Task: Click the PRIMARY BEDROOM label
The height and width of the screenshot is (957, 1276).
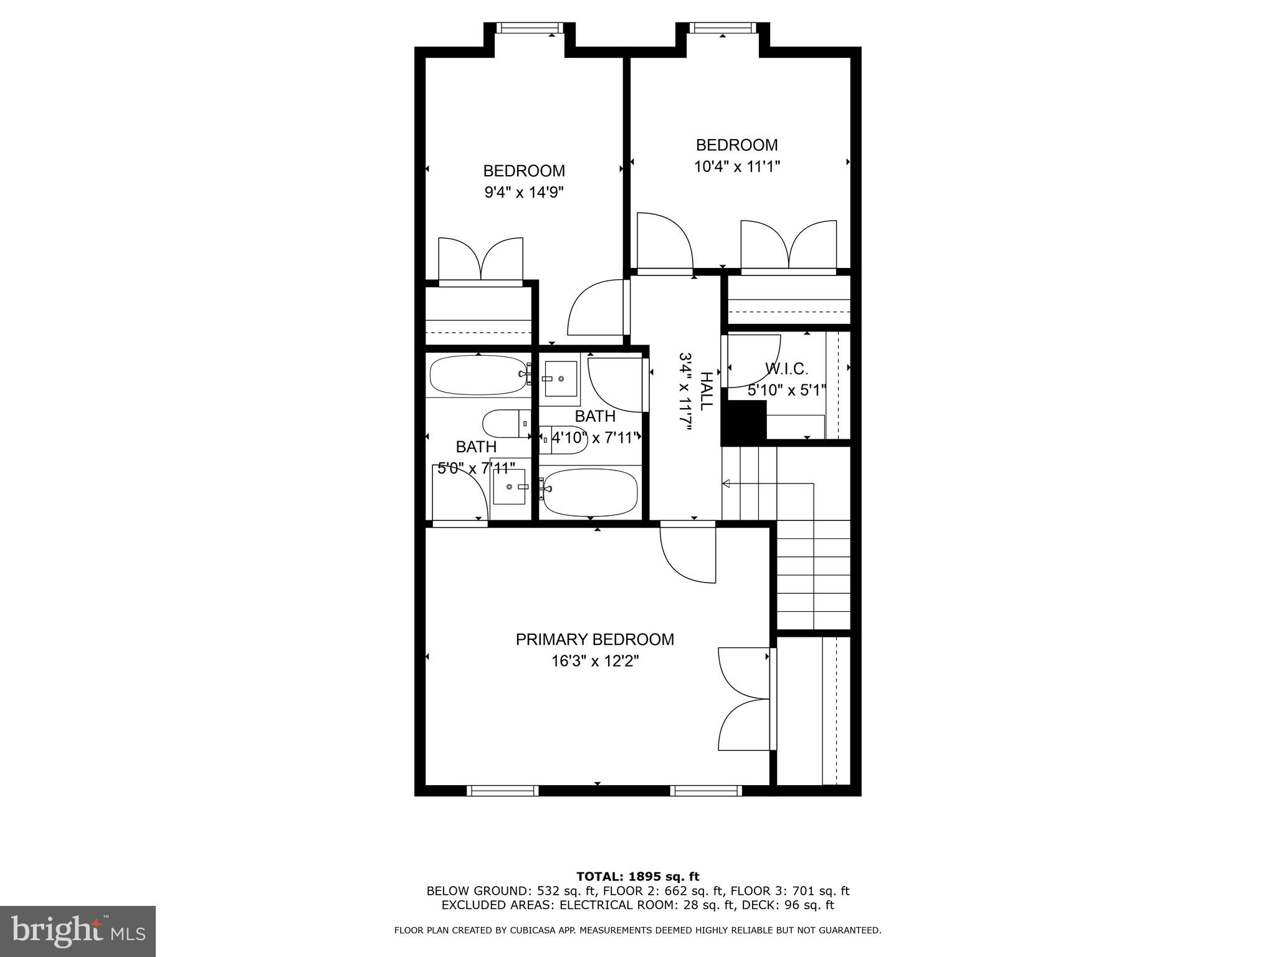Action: [x=594, y=639]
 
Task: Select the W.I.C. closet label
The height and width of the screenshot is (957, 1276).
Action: [x=786, y=369]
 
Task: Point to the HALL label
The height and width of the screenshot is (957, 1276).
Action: [x=706, y=391]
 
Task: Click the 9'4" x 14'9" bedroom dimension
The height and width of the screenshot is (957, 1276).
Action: [x=524, y=192]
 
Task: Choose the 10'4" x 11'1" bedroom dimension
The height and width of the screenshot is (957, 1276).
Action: [x=736, y=166]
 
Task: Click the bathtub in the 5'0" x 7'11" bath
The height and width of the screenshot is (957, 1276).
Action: [x=478, y=374]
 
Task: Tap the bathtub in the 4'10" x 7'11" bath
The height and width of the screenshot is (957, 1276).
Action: [x=589, y=492]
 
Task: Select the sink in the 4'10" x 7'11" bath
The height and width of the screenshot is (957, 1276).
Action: [x=560, y=378]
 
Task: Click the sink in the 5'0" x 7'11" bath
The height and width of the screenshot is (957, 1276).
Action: [x=509, y=486]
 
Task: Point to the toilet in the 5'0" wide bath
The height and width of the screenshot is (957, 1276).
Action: [x=505, y=424]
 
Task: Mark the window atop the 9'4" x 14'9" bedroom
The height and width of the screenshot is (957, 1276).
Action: [x=530, y=27]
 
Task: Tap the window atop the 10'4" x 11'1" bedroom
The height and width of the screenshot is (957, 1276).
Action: [x=723, y=27]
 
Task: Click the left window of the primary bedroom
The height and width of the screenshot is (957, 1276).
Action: [x=502, y=791]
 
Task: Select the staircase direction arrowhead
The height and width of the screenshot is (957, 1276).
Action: [x=726, y=483]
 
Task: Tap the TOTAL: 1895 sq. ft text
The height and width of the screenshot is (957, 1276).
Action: [x=637, y=877]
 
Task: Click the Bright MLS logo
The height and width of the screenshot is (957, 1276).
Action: [x=78, y=931]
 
